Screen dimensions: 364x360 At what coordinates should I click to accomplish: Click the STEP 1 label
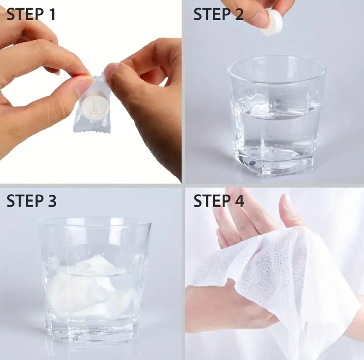[31, 14]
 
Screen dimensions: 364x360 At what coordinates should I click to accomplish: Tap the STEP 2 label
[219, 14]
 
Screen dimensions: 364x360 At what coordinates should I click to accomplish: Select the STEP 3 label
[31, 201]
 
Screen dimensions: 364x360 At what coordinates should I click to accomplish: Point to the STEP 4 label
[219, 201]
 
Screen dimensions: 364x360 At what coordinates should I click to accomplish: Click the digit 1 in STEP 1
[52, 14]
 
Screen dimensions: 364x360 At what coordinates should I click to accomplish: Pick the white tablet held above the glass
[272, 22]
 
